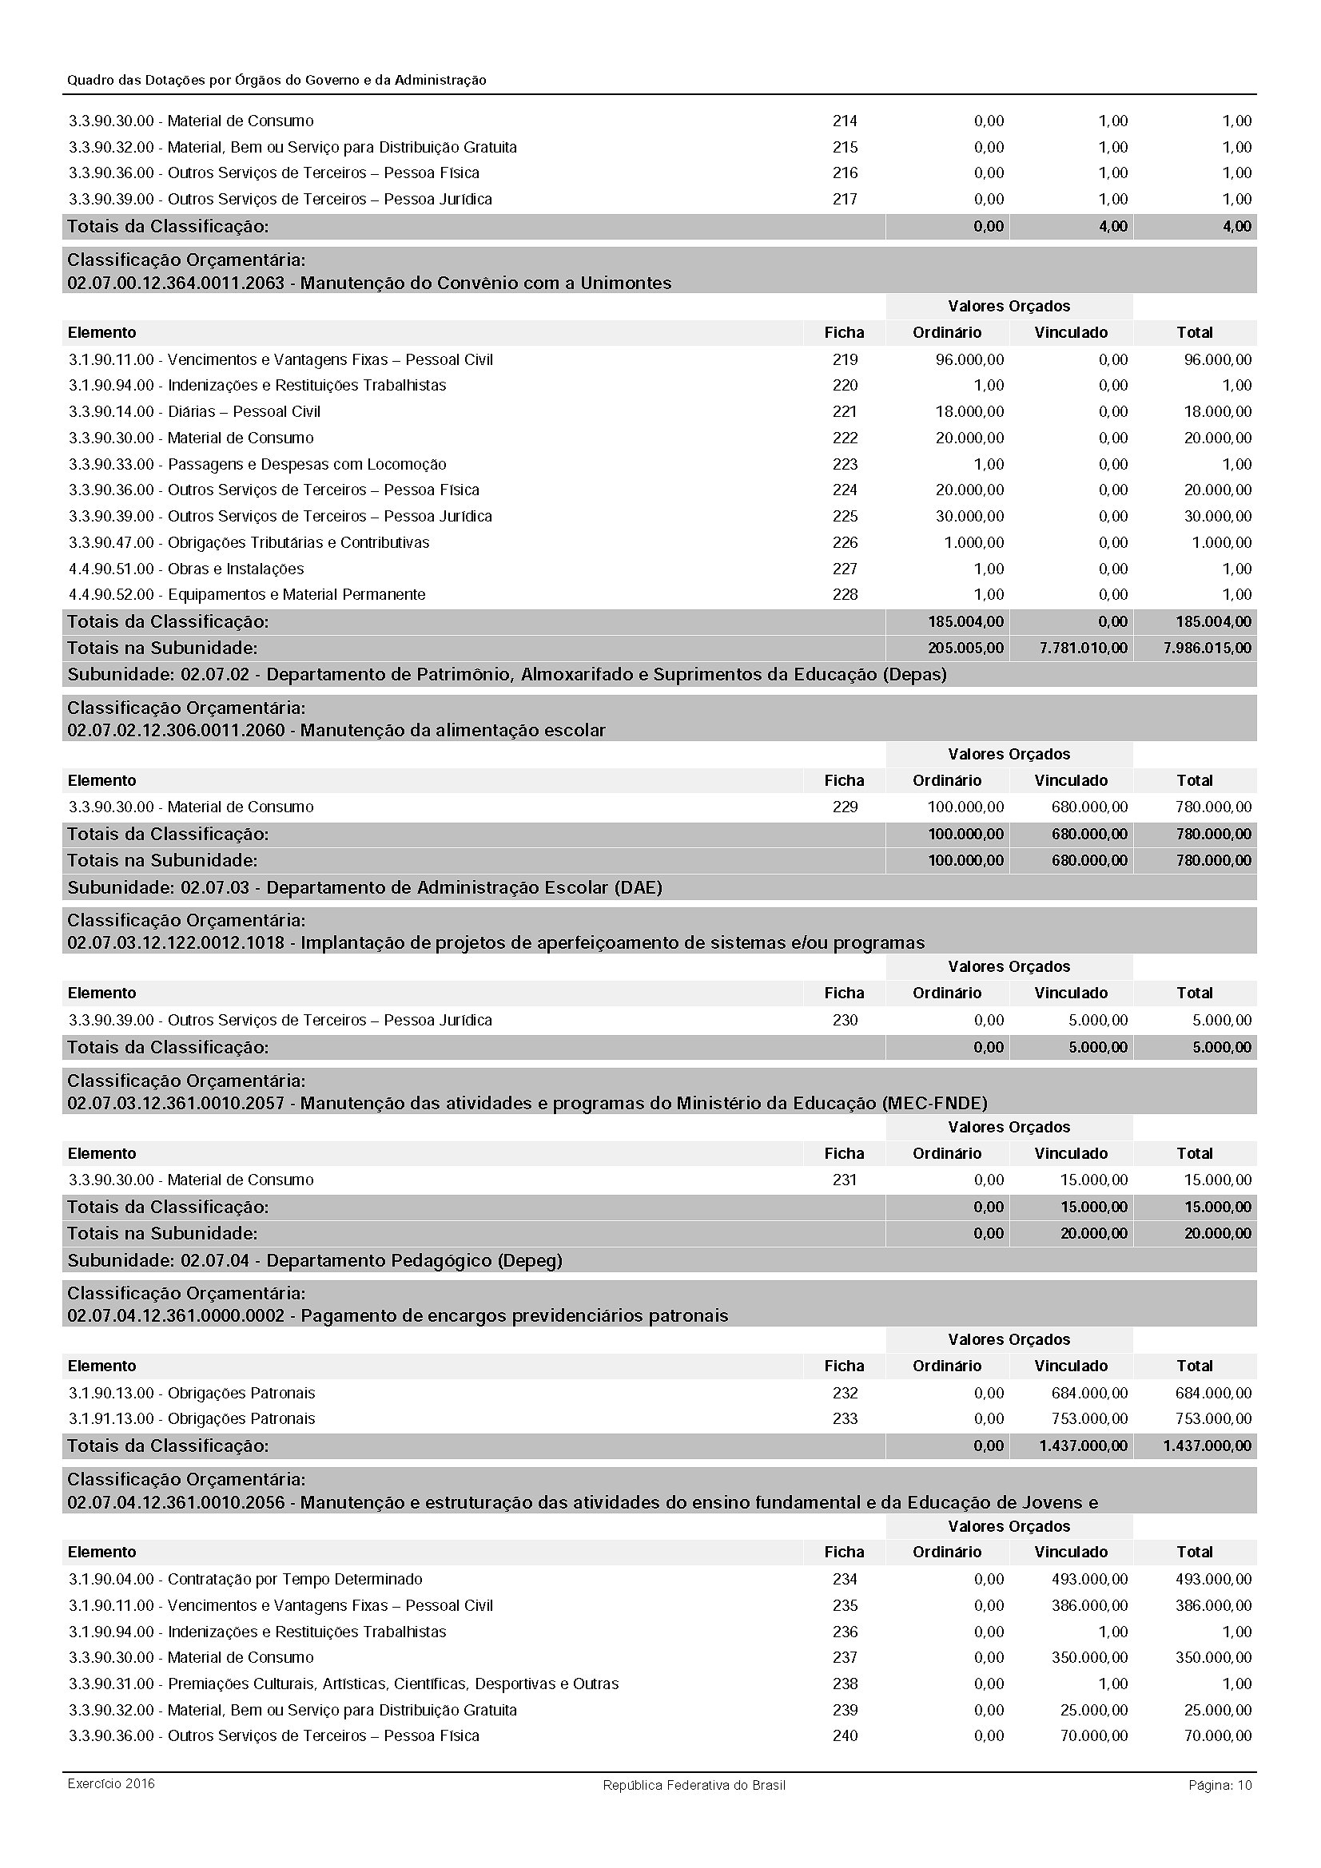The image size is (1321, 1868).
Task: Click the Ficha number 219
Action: [845, 359]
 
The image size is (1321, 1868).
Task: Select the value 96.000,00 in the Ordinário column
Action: [969, 359]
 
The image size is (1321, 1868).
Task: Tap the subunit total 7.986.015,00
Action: [1207, 648]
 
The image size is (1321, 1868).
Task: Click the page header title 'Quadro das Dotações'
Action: [276, 80]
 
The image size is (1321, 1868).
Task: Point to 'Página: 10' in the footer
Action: [1220, 1785]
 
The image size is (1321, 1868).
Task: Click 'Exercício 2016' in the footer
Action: [111, 1784]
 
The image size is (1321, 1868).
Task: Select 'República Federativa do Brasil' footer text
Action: [694, 1785]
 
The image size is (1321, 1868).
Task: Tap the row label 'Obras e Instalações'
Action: [235, 569]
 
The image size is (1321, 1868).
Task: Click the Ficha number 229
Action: [845, 807]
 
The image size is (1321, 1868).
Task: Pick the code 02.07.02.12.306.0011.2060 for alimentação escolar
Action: [176, 731]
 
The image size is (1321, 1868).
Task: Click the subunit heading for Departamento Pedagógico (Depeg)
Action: [314, 1261]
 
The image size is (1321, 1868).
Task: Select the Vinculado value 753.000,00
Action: [1089, 1419]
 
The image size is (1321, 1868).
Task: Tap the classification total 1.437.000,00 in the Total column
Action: [1207, 1446]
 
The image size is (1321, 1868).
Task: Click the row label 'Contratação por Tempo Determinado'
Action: [295, 1579]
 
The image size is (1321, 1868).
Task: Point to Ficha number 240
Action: [845, 1735]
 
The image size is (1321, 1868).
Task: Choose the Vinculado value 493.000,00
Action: [1089, 1579]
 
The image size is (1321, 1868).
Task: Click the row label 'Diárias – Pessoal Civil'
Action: [245, 411]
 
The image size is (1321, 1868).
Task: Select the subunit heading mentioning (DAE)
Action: [364, 887]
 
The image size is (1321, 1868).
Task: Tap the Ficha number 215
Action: [845, 147]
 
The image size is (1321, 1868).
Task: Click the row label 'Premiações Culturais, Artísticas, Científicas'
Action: [392, 1684]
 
